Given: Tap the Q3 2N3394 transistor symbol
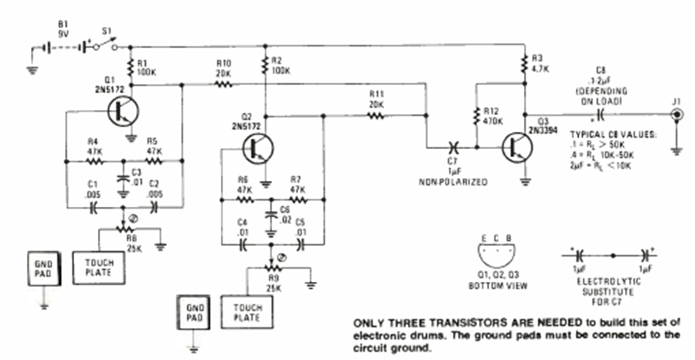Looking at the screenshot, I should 517,149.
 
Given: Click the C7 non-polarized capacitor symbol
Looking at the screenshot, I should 452,148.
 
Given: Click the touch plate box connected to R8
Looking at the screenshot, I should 99,264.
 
